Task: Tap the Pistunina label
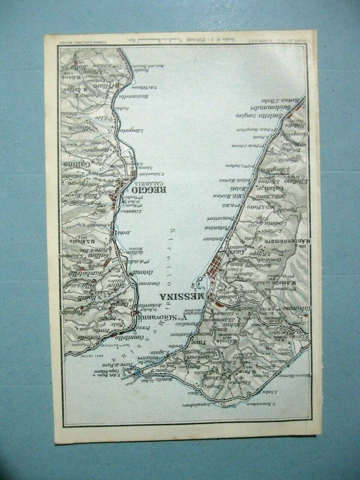216,228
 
